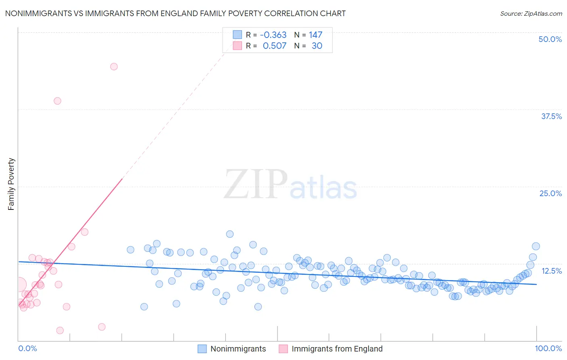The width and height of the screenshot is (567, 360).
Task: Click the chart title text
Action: (x=175, y=13)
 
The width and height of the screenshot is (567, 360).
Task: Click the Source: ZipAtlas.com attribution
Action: (x=531, y=13)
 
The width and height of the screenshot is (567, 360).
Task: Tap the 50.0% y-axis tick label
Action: (x=550, y=39)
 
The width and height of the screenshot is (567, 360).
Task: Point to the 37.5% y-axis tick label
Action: (x=551, y=116)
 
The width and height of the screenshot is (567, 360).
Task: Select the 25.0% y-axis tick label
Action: (x=550, y=193)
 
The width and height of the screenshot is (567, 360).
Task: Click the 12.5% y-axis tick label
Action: (x=551, y=271)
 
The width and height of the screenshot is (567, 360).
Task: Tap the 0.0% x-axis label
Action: (x=27, y=348)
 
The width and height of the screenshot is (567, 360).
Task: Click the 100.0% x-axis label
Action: (x=548, y=348)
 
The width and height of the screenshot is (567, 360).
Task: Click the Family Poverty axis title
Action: (x=11, y=184)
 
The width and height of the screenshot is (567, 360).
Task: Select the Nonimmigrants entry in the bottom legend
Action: (x=238, y=349)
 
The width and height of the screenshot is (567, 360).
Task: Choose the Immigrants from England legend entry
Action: (x=337, y=349)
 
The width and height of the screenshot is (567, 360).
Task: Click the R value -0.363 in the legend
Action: (x=273, y=35)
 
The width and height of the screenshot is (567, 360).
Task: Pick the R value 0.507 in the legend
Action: (x=274, y=46)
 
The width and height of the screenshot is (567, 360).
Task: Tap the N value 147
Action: (x=315, y=35)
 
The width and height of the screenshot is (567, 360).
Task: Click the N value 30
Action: (x=317, y=46)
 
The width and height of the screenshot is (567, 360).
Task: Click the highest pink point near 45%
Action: (x=114, y=67)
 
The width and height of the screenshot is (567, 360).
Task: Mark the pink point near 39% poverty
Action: (x=57, y=101)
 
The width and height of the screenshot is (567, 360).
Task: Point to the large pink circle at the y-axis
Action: (x=19, y=285)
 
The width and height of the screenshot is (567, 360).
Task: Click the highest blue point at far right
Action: (x=536, y=246)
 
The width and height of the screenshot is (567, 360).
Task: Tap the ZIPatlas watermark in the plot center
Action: (x=290, y=185)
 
